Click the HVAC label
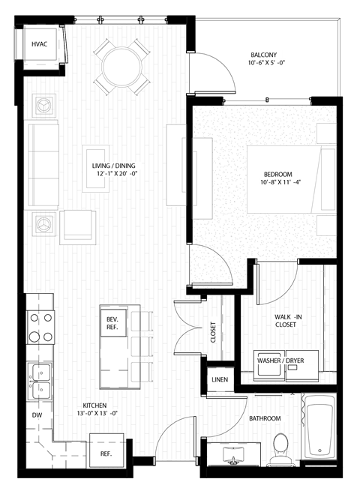(40, 45)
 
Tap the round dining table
(121, 66)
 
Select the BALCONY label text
(263, 55)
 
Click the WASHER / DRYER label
(280, 361)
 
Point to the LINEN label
(220, 379)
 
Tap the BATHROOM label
(265, 418)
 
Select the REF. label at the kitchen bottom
(106, 454)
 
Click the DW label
(37, 415)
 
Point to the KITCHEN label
(95, 406)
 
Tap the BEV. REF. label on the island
(112, 323)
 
